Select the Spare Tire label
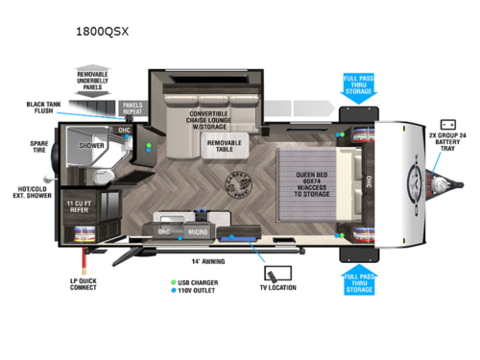[32, 150]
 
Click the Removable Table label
[226, 146]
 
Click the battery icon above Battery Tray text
[447, 125]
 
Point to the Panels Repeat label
[132, 108]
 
